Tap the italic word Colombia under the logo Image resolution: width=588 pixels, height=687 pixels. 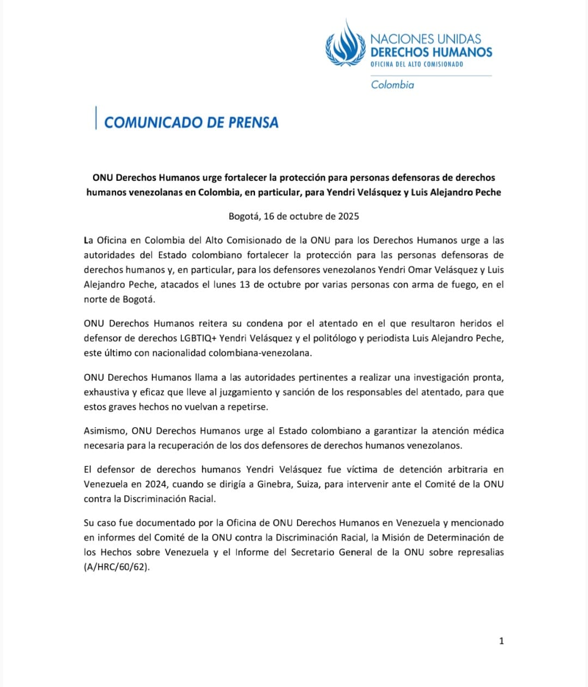pyautogui.click(x=392, y=84)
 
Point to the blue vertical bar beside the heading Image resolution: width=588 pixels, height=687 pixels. pyautogui.click(x=96, y=118)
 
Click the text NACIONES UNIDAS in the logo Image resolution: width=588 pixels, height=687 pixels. pyautogui.click(x=426, y=39)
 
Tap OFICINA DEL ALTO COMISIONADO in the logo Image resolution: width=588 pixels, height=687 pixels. pyautogui.click(x=417, y=64)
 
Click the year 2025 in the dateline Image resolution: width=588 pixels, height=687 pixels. pyautogui.click(x=348, y=216)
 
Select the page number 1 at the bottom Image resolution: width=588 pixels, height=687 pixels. pyautogui.click(x=501, y=641)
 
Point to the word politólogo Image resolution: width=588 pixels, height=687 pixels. pyautogui.click(x=332, y=338)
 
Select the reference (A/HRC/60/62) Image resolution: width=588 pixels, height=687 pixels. pyautogui.click(x=117, y=567)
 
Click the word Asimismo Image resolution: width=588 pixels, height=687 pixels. pyautogui.click(x=106, y=430)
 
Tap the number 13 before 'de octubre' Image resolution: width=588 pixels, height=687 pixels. pyautogui.click(x=245, y=284)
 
